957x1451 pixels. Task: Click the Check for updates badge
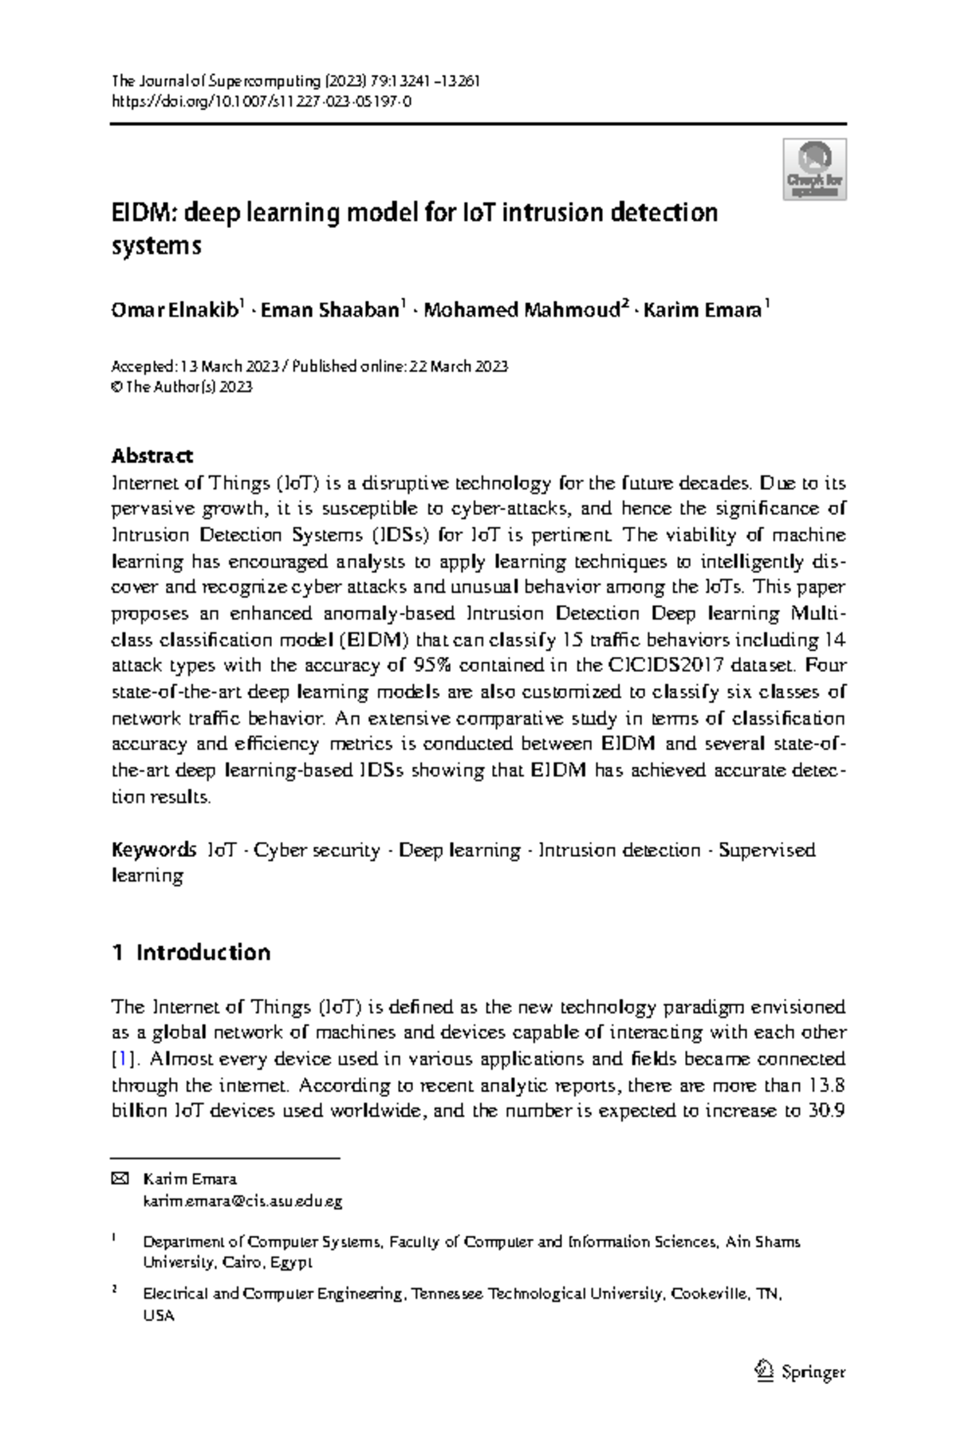pos(813,169)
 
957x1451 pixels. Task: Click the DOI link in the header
pos(262,101)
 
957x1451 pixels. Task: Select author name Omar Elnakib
pos(174,311)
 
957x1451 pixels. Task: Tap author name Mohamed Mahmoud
pos(522,311)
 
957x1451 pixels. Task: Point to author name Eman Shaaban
pos(329,311)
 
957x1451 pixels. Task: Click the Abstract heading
pos(152,456)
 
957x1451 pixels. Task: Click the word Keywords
pos(153,850)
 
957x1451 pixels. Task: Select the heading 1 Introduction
pos(191,952)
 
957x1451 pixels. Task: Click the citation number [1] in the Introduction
pos(120,1059)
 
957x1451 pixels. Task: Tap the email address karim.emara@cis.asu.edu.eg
pos(242,1201)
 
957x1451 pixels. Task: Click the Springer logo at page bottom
pos(799,1372)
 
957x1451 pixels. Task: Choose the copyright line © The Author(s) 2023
pos(182,387)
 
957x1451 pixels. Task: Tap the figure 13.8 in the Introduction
pos(825,1085)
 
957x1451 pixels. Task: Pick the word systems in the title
pos(156,246)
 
